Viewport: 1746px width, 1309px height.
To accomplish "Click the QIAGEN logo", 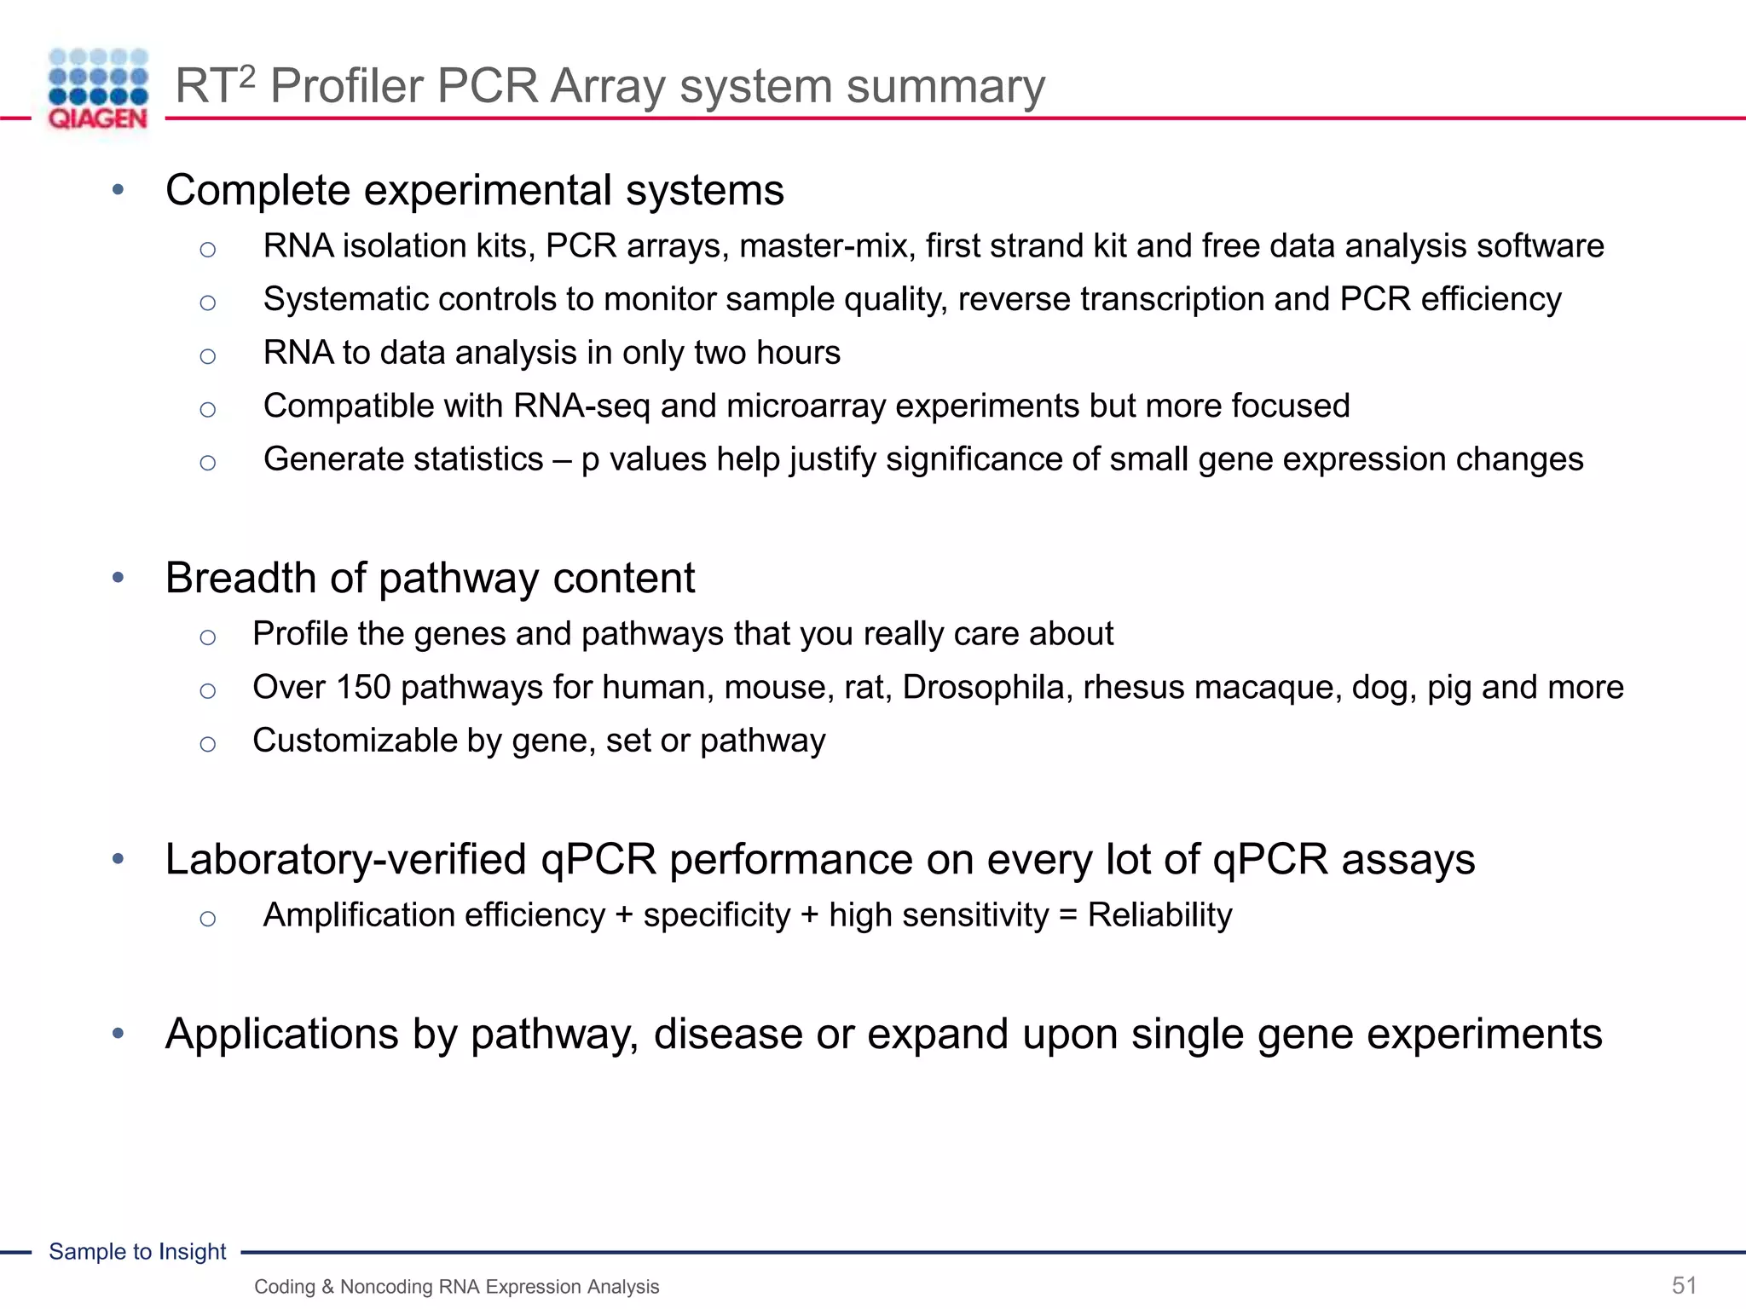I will point(98,89).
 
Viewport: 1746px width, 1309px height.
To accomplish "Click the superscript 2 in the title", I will point(246,78).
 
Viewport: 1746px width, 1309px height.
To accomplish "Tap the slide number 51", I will point(1684,1285).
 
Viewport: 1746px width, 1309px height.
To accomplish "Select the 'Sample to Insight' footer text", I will point(137,1251).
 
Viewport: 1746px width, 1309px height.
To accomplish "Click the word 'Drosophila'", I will point(987,687).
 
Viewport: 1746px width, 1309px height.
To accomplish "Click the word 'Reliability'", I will point(1159,914).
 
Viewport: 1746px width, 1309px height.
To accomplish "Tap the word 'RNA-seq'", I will point(581,406).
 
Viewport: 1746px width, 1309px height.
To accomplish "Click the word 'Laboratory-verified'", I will point(346,859).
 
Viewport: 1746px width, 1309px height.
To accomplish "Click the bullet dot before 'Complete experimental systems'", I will point(119,189).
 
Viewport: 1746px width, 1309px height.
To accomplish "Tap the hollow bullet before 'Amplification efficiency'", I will point(207,918).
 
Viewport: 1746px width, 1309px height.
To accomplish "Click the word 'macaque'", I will point(1263,687).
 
